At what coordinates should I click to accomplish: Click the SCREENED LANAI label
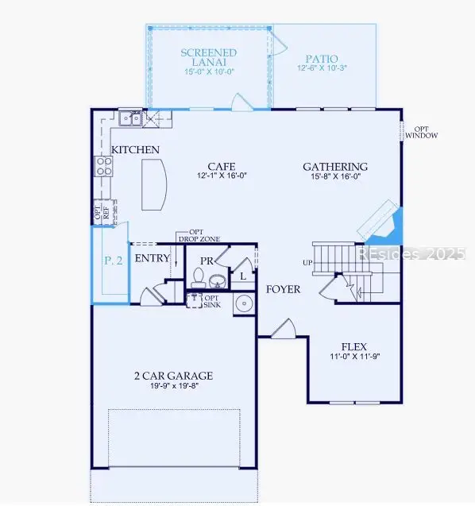click(209, 58)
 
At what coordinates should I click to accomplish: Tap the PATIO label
click(321, 60)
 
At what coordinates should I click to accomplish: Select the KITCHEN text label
click(135, 150)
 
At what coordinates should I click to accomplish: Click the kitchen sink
click(130, 119)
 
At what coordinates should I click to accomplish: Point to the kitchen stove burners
click(104, 165)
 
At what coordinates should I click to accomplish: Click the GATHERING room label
click(335, 167)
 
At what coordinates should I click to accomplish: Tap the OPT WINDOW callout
click(421, 131)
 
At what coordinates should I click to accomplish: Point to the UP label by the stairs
click(307, 262)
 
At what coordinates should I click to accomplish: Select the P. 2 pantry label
click(114, 261)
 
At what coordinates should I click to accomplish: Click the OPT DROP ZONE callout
click(204, 235)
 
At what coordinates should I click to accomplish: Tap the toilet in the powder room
click(199, 277)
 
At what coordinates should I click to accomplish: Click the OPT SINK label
click(213, 301)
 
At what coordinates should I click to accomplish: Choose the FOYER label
click(283, 289)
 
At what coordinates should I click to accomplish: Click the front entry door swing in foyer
click(284, 327)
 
